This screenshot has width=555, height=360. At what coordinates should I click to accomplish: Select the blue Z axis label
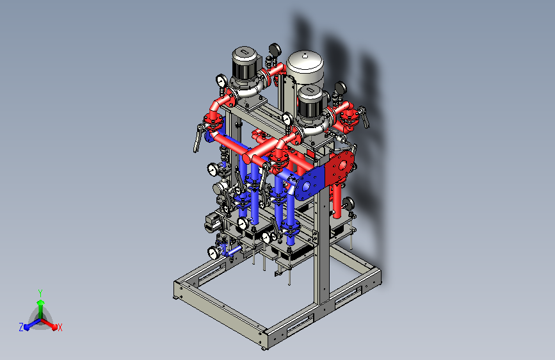[21, 327]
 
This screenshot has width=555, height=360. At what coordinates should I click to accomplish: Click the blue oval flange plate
[310, 184]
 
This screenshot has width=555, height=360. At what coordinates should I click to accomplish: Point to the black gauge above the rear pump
[275, 50]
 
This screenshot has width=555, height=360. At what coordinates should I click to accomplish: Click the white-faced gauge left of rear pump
[221, 81]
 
